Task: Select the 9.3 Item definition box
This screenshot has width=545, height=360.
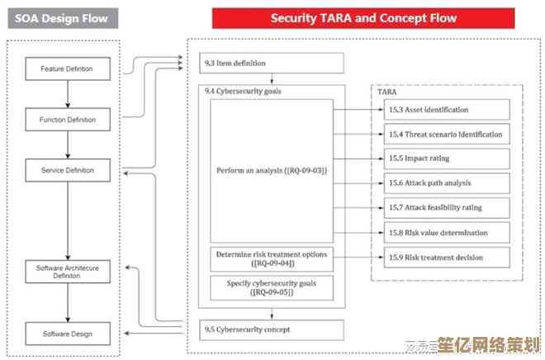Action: [x=272, y=63]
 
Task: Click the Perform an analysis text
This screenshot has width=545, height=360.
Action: [x=272, y=170]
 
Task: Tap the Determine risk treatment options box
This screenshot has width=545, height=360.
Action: [x=272, y=258]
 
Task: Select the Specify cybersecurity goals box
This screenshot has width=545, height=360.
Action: [x=272, y=287]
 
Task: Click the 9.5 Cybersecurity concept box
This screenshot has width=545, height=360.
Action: [x=272, y=330]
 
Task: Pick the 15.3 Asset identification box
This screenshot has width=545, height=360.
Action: [x=447, y=109]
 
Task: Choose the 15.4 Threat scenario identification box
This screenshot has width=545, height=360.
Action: [x=447, y=134]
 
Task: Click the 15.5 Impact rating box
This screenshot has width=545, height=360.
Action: [x=447, y=158]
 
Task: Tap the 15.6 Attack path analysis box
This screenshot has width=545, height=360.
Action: [x=447, y=182]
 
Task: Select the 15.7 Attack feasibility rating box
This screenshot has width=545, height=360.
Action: [x=447, y=207]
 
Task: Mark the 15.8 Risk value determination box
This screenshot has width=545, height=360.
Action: [x=447, y=233]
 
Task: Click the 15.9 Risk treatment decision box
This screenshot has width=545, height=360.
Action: [x=447, y=258]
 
